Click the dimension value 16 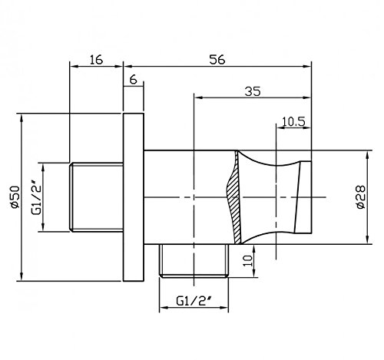click(x=96, y=59)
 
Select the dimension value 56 click(x=217, y=59)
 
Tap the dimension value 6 click(x=134, y=80)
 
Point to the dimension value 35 click(x=253, y=91)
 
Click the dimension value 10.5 click(x=293, y=121)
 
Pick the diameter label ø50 click(x=15, y=197)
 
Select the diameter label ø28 click(x=361, y=197)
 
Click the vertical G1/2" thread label click(x=36, y=197)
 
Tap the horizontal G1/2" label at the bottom click(x=194, y=301)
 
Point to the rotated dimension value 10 click(x=248, y=261)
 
